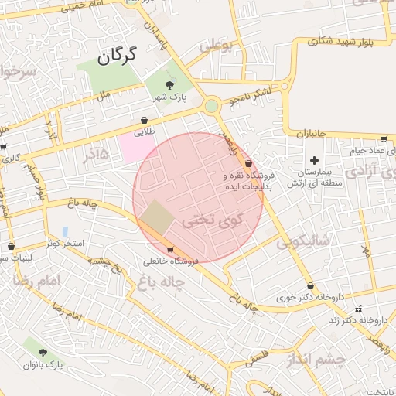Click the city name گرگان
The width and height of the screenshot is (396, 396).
(118, 56)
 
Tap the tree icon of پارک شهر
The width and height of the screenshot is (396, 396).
(170, 84)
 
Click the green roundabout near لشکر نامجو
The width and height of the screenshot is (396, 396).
(211, 105)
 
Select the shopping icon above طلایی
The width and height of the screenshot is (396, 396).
(145, 120)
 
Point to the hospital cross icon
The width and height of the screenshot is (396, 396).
(314, 159)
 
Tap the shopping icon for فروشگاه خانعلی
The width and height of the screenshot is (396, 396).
(170, 249)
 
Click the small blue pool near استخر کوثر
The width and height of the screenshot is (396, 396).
(65, 231)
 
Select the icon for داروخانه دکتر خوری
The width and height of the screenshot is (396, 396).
(310, 285)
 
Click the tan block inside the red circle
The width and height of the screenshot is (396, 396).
(157, 217)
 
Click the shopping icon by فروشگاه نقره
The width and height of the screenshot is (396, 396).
(248, 164)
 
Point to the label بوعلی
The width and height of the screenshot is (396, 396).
(216, 46)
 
